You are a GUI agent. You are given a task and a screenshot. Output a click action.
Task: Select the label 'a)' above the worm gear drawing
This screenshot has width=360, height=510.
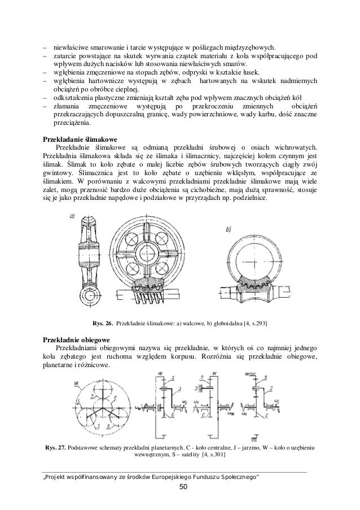click(x=73, y=215)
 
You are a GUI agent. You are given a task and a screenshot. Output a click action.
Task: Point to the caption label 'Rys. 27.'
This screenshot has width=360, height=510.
click(x=55, y=447)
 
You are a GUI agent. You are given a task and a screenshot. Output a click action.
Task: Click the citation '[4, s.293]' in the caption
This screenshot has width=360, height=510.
click(x=253, y=324)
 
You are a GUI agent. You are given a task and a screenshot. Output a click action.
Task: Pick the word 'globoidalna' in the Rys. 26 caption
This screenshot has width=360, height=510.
click(x=221, y=324)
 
